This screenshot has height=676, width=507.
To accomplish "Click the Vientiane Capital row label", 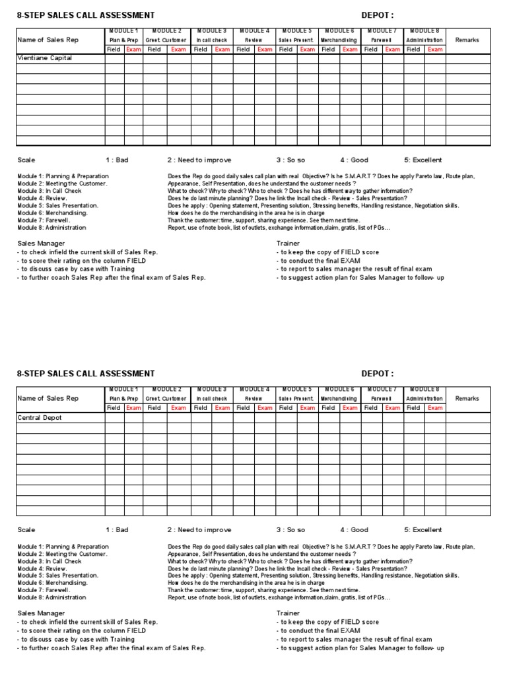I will pyautogui.click(x=44, y=58).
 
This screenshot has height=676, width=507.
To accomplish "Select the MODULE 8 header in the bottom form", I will pyautogui.click(x=424, y=389).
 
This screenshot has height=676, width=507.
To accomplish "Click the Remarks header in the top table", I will pyautogui.click(x=467, y=40).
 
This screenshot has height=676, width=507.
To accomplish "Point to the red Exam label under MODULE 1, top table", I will pyautogui.click(x=133, y=50).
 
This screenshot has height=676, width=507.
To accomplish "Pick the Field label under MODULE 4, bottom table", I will pyautogui.click(x=243, y=408).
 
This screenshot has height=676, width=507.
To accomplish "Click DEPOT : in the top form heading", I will pyautogui.click(x=378, y=15).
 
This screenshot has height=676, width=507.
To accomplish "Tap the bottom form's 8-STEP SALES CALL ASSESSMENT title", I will pyautogui.click(x=86, y=374).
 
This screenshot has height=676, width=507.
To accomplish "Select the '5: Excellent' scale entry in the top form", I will pyautogui.click(x=423, y=160).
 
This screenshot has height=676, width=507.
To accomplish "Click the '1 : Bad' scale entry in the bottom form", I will pyautogui.click(x=117, y=529).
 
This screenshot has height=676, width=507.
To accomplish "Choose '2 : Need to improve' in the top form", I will pyautogui.click(x=199, y=160).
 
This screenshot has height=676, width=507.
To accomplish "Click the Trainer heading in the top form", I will pyautogui.click(x=288, y=244).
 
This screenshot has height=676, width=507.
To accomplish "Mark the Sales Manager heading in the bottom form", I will pyautogui.click(x=41, y=613).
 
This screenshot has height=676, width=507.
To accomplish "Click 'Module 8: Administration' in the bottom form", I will pyautogui.click(x=51, y=597).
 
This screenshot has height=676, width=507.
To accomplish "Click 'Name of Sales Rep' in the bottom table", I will pyautogui.click(x=48, y=399).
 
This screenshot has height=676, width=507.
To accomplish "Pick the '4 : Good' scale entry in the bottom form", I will pyautogui.click(x=355, y=529).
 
